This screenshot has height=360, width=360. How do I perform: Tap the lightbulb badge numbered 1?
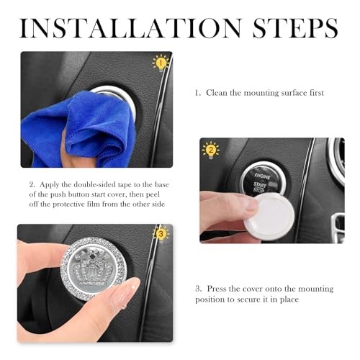coord(161,63)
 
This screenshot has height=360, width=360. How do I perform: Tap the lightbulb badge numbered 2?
coord(211,150)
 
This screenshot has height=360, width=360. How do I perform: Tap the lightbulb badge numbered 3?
coord(161,233)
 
